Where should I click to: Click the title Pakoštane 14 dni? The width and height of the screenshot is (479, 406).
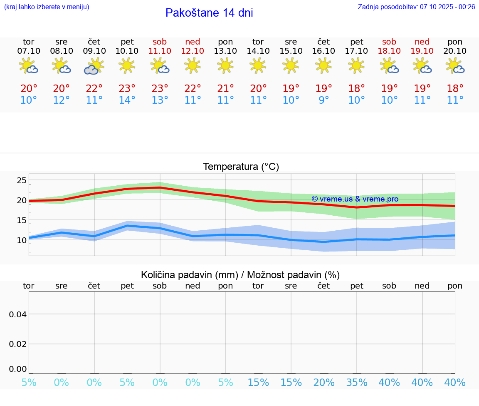pyautogui.click(x=209, y=13)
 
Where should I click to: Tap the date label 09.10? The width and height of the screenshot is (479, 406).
pyautogui.click(x=94, y=51)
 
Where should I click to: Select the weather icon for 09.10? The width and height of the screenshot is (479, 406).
pyautogui.click(x=94, y=66)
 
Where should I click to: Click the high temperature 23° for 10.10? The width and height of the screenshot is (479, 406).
pyautogui.click(x=127, y=88)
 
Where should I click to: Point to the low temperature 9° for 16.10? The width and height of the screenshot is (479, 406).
pyautogui.click(x=323, y=100)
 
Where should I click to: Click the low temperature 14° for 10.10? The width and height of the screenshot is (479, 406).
pyautogui.click(x=127, y=100)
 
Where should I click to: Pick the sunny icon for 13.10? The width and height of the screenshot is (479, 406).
pyautogui.click(x=225, y=65)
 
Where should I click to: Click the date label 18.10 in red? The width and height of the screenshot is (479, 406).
pyautogui.click(x=389, y=51)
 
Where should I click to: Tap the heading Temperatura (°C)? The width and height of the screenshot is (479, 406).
pyautogui.click(x=241, y=167)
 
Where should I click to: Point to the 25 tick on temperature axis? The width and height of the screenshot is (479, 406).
pyautogui.click(x=22, y=180)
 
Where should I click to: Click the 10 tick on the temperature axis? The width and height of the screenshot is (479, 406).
pyautogui.click(x=22, y=240)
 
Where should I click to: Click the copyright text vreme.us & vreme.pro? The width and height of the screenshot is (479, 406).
pyautogui.click(x=355, y=199)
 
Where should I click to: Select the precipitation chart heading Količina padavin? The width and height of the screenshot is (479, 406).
pyautogui.click(x=240, y=275)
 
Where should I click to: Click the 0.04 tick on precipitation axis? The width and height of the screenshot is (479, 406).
pyautogui.click(x=18, y=314)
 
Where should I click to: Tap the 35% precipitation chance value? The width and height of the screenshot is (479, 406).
pyautogui.click(x=356, y=383)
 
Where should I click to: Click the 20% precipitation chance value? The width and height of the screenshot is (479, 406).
pyautogui.click(x=323, y=383)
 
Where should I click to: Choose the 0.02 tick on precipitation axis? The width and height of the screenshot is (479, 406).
pyautogui.click(x=18, y=344)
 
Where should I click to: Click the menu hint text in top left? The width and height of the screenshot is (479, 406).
pyautogui.click(x=47, y=7)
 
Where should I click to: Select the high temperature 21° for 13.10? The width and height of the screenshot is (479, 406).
pyautogui.click(x=225, y=88)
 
